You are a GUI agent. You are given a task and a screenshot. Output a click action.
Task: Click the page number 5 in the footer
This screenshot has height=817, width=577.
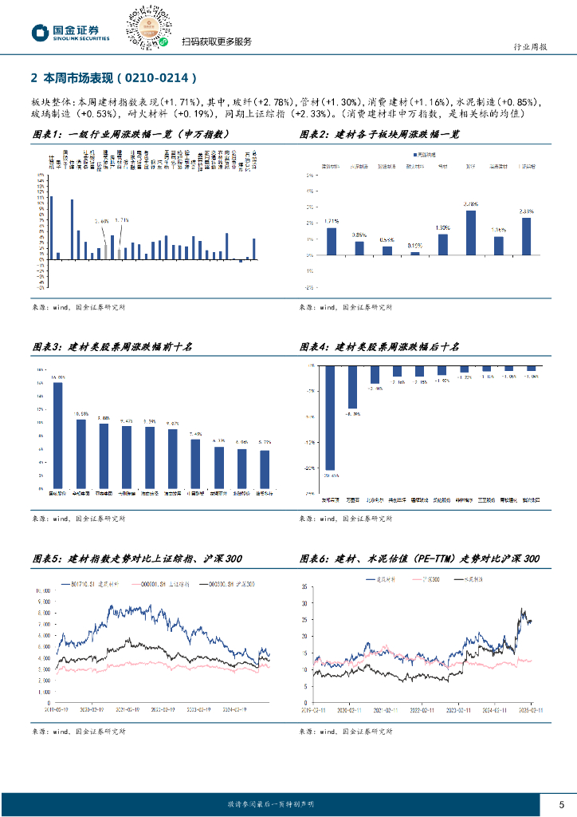[561, 803]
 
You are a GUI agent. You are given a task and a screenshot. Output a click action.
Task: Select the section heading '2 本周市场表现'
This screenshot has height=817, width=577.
[112, 78]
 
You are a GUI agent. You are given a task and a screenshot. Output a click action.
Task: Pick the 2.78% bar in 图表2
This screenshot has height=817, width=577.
[471, 232]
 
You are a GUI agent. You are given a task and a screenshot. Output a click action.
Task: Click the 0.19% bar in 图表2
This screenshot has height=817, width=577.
[414, 253]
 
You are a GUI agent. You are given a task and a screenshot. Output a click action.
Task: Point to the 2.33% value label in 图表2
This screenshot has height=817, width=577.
[526, 211]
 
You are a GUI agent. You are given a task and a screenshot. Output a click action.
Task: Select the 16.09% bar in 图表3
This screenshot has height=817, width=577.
[58, 436]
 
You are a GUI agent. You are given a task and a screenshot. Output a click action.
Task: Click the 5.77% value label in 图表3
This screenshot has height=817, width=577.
[265, 441]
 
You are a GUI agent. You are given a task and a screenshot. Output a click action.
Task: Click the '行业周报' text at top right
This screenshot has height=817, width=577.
[528, 47]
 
